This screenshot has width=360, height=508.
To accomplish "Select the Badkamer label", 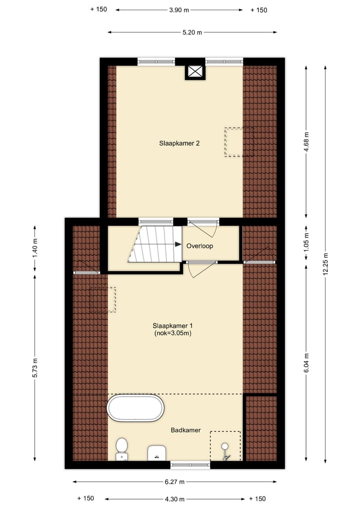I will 185,430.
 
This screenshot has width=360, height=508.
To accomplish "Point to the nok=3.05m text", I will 173,333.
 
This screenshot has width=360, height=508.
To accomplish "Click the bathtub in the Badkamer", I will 135,408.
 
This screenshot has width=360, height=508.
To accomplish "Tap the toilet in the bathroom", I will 121,448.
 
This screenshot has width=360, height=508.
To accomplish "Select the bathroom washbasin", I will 157,452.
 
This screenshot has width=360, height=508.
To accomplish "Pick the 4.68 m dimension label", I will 306,142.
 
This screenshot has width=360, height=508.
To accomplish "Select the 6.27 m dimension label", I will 174,482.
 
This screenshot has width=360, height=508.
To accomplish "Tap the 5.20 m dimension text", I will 192,32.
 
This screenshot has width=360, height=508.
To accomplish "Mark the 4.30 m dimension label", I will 174,499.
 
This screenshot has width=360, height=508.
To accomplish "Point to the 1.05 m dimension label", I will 306,241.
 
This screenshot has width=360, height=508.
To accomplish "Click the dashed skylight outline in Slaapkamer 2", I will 239,142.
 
